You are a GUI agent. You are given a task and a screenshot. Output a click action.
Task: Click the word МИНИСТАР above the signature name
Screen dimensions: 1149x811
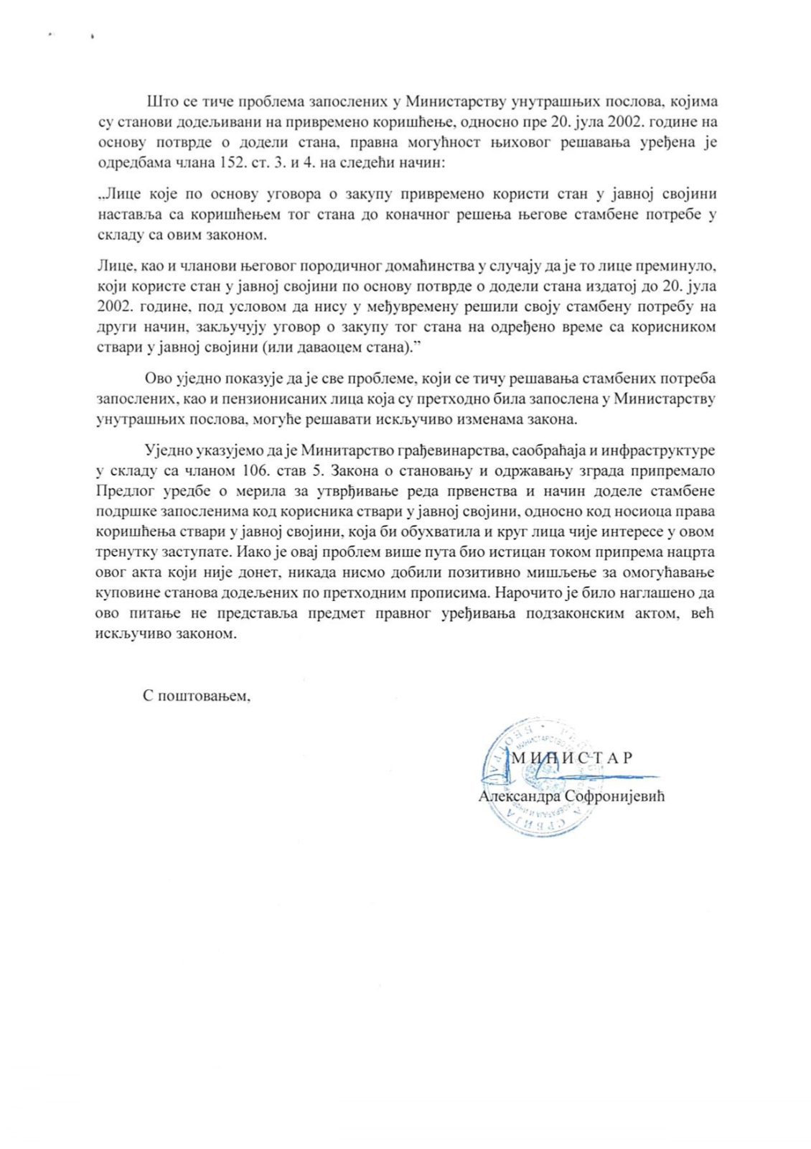point(571,758)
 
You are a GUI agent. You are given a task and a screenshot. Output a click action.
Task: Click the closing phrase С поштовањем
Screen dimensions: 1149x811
point(196,696)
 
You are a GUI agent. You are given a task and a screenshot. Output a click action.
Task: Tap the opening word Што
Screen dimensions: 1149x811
point(159,101)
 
